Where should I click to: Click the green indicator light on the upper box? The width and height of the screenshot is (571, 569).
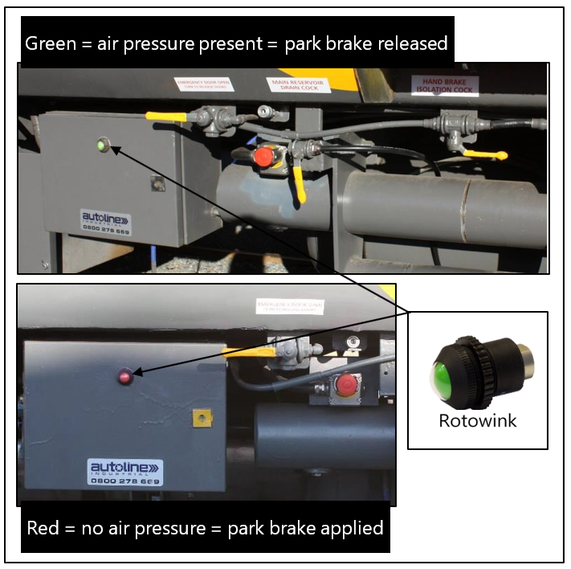coord(102,145)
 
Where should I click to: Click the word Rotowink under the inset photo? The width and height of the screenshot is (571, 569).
coord(477,420)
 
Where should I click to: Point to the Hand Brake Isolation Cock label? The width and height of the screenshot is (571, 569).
coord(444,86)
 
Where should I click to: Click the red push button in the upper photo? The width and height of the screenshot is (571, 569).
coord(263,157)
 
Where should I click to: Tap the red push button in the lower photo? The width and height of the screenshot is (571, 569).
coord(345,385)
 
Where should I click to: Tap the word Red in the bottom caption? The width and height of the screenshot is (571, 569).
coord(43,528)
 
